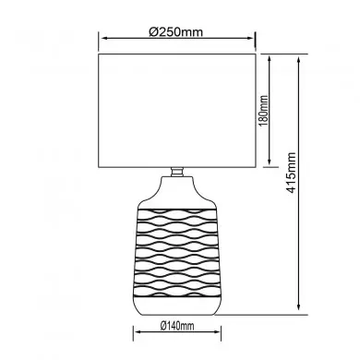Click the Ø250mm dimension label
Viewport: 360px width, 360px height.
click(x=177, y=30)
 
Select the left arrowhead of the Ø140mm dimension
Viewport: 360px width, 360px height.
click(x=138, y=335)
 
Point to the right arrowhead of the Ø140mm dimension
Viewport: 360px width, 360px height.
click(x=217, y=335)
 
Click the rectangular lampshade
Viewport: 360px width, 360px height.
click(x=176, y=111)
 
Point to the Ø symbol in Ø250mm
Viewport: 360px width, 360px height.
click(x=152, y=30)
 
